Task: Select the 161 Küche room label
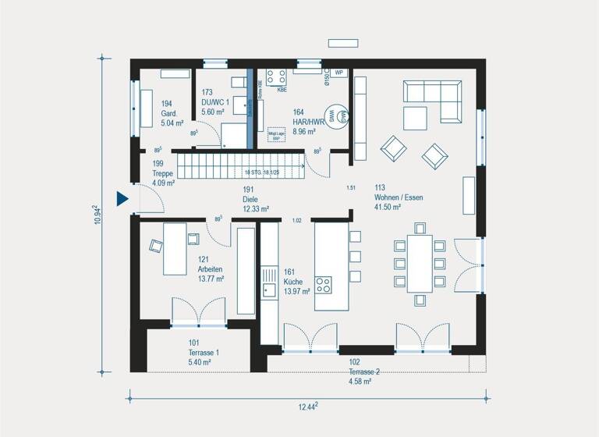point(297,281)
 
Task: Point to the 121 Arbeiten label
point(210,268)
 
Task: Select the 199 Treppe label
point(163,173)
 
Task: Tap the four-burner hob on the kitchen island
point(323,283)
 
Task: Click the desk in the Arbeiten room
point(174,248)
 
